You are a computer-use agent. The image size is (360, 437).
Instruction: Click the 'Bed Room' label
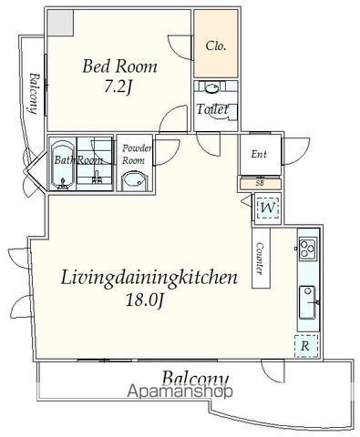click(x=119, y=66)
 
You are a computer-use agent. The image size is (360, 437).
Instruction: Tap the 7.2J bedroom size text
click(x=118, y=87)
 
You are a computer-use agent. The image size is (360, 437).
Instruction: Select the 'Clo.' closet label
click(x=216, y=46)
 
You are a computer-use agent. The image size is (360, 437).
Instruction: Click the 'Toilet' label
click(x=212, y=109)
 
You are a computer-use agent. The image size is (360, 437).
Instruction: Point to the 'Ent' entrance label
click(x=259, y=154)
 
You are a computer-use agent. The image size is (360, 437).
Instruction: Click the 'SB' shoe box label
click(x=260, y=183)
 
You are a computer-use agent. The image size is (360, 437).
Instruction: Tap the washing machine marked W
click(x=268, y=208)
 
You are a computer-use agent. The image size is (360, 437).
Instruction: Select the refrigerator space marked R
click(x=306, y=346)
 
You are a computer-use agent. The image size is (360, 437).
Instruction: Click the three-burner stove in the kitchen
click(x=308, y=249)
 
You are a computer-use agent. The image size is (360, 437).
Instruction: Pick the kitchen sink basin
click(x=307, y=302)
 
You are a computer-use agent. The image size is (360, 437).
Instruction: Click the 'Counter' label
click(x=260, y=259)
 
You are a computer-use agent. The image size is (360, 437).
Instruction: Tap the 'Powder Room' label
click(x=136, y=154)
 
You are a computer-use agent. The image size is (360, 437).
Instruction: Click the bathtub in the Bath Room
click(x=62, y=166)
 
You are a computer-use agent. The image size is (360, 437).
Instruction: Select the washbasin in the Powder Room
click(x=134, y=181)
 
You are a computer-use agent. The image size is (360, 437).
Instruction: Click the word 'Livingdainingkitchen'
click(x=149, y=278)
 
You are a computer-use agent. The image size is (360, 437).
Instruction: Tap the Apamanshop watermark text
click(x=180, y=391)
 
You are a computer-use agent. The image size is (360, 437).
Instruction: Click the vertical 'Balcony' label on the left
click(x=34, y=94)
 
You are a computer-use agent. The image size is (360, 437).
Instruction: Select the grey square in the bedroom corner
click(x=61, y=23)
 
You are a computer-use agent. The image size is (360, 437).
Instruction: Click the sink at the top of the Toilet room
click(x=212, y=87)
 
